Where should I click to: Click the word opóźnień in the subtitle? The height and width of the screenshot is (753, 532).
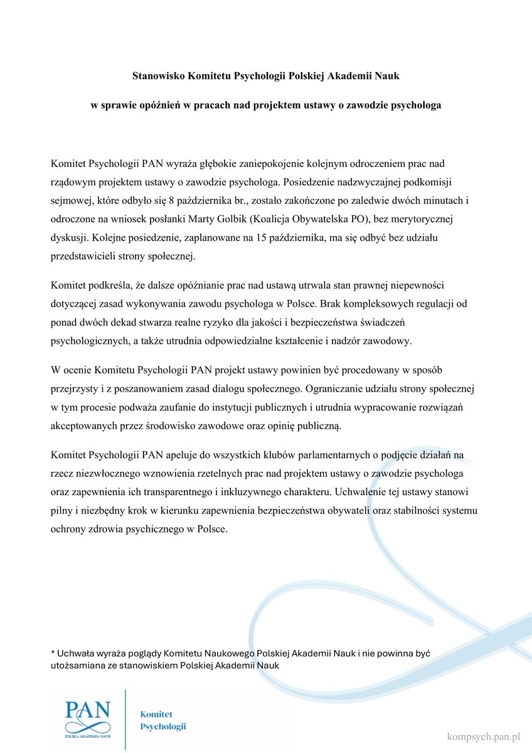point(163,105)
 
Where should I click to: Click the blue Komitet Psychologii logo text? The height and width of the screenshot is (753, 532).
point(163,720)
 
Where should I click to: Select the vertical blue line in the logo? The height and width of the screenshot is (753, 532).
point(126,718)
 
